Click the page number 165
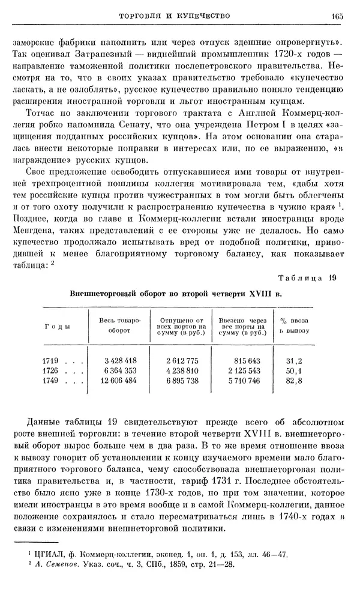(x=335, y=16)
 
